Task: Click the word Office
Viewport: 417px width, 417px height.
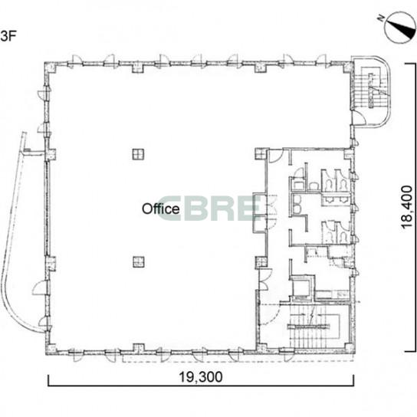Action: [161, 209]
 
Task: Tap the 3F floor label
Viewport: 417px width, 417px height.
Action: [7, 36]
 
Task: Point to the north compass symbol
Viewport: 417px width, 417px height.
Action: [400, 28]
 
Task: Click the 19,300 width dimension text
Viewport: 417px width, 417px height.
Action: [201, 377]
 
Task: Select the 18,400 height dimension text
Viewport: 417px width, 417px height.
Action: [406, 207]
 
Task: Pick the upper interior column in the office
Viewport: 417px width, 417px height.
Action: [138, 154]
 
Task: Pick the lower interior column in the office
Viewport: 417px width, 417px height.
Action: [139, 261]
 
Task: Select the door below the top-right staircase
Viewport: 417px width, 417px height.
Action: [359, 117]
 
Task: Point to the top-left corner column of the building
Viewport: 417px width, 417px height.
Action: [50, 67]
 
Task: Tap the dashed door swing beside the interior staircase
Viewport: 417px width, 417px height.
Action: [269, 314]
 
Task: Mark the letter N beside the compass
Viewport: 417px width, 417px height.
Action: [381, 18]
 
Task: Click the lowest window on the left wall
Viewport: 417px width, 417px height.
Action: [44, 322]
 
